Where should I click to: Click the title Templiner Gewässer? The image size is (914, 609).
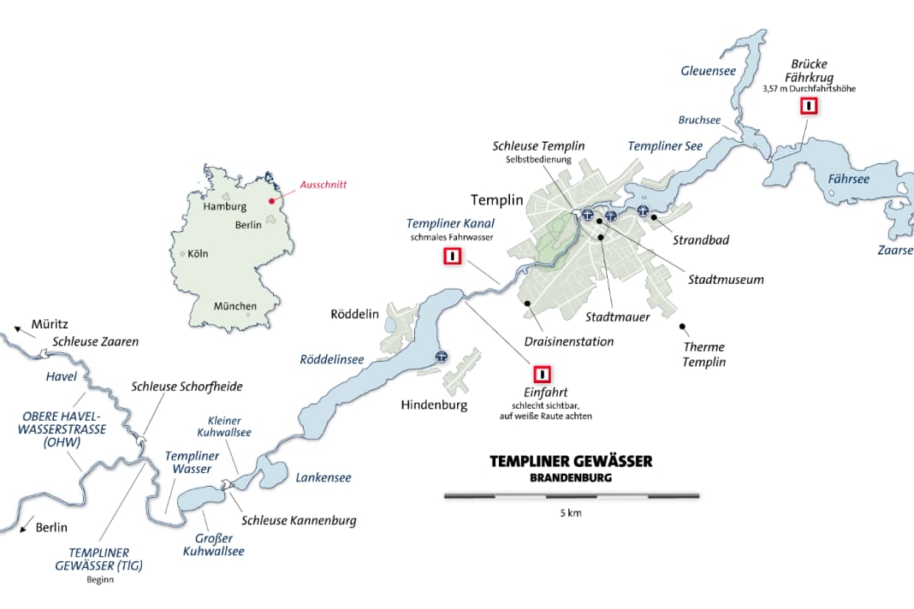pos(571,462)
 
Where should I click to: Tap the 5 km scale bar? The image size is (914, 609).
pos(572,495)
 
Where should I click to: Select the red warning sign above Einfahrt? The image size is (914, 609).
pos(542,375)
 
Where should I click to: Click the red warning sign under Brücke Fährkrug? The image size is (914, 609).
pos(808,106)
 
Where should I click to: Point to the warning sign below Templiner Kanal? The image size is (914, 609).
pos(451,256)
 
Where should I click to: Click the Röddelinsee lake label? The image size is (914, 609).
pos(331,360)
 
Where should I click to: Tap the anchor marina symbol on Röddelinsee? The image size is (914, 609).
pos(442,358)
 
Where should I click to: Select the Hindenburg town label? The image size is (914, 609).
pos(434,405)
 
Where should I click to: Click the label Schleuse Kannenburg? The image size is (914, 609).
pos(299,520)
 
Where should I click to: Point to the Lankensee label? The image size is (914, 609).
pos(323,478)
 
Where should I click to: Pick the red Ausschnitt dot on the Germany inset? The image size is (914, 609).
pos(273,202)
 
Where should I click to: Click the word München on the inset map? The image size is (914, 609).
pos(234,306)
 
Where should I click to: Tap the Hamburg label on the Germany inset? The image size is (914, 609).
pos(224,207)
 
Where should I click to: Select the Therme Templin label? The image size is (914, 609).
pos(703,354)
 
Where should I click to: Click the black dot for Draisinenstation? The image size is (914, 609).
pos(528,303)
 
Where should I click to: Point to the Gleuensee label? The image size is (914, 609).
pos(708,71)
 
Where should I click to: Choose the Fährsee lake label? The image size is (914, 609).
pos(848,179)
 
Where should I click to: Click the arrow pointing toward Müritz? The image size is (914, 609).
pos(19,328)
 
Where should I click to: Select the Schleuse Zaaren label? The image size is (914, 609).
pos(95,342)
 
